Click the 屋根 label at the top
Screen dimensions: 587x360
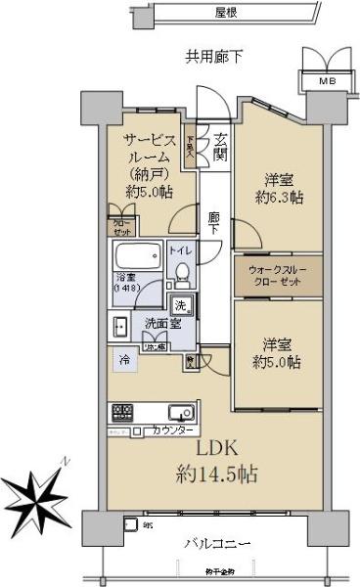coord(229,13)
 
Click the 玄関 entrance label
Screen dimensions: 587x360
coord(220,147)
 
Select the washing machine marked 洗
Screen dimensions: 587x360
coord(182,305)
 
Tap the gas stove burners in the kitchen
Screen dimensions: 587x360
coord(122,411)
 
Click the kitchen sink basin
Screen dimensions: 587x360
coord(183,412)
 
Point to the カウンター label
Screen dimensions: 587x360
coord(172,430)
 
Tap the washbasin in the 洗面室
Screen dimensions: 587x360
coord(119,326)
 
